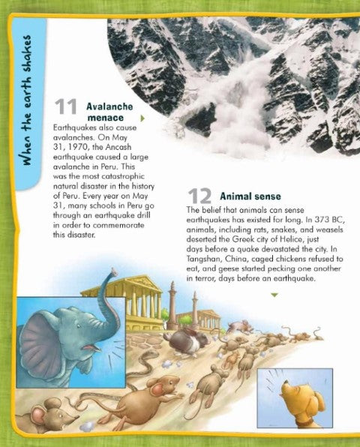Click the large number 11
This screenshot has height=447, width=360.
coord(66,111)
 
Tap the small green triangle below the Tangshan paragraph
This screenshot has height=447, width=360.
coord(274,295)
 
